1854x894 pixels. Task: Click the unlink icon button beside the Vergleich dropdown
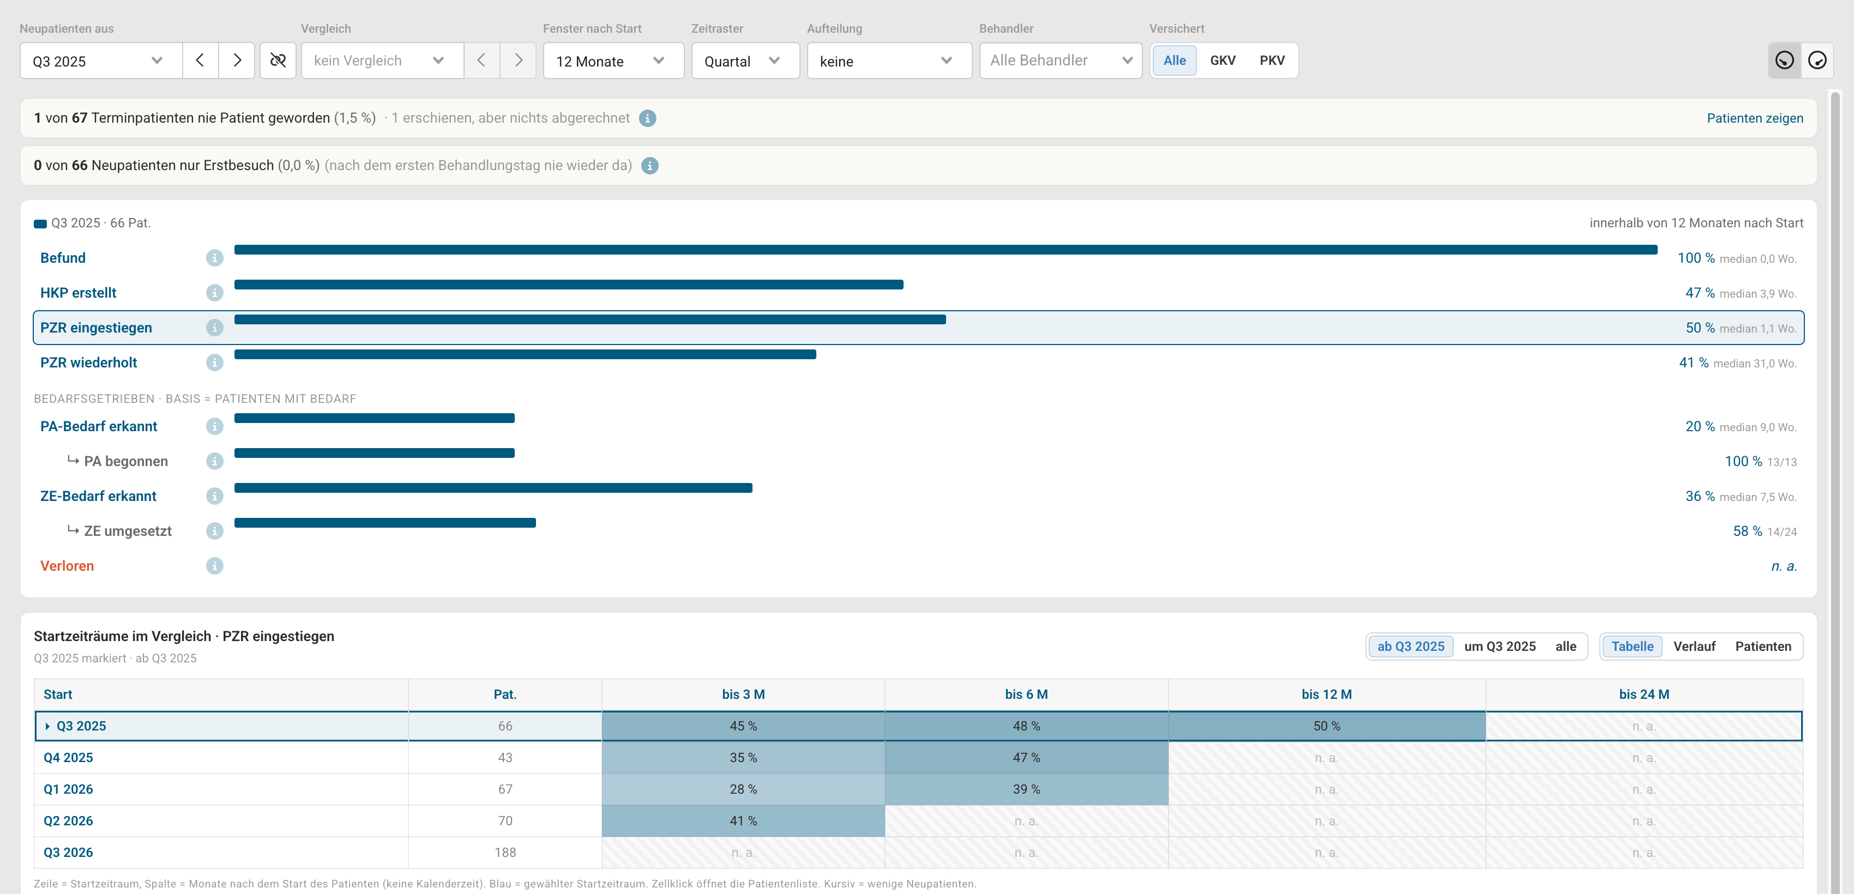[278, 61]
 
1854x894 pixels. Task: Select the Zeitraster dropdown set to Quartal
[745, 61]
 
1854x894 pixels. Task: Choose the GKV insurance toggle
[1222, 61]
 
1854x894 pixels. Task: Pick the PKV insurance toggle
[1272, 61]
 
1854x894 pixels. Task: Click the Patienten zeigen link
[1755, 118]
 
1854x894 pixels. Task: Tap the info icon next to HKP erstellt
[214, 293]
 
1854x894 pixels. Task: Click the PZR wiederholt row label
[88, 363]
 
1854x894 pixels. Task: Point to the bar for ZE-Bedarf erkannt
[493, 488]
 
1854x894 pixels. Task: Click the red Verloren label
[67, 566]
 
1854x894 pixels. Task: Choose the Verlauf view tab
[1694, 646]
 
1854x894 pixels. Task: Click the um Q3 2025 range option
[1500, 646]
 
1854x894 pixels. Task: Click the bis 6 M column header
[1026, 694]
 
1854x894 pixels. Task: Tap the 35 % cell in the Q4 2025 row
[743, 757]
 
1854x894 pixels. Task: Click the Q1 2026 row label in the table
[68, 789]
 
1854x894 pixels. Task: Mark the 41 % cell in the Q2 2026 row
[743, 820]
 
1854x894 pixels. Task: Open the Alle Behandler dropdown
[1060, 61]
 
